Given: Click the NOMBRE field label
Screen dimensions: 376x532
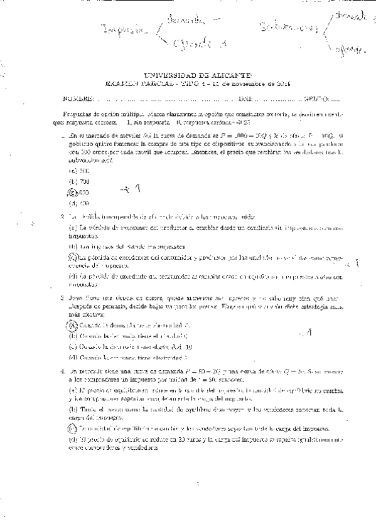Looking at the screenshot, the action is pyautogui.click(x=78, y=98).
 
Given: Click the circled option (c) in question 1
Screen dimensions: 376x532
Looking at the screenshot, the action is pyautogui.click(x=73, y=191).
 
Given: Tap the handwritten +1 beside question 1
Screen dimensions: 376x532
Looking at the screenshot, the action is pyautogui.click(x=132, y=188).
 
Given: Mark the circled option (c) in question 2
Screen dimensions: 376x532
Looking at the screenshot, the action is pyautogui.click(x=73, y=256).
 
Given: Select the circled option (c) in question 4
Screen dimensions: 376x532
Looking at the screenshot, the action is pyautogui.click(x=73, y=428).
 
